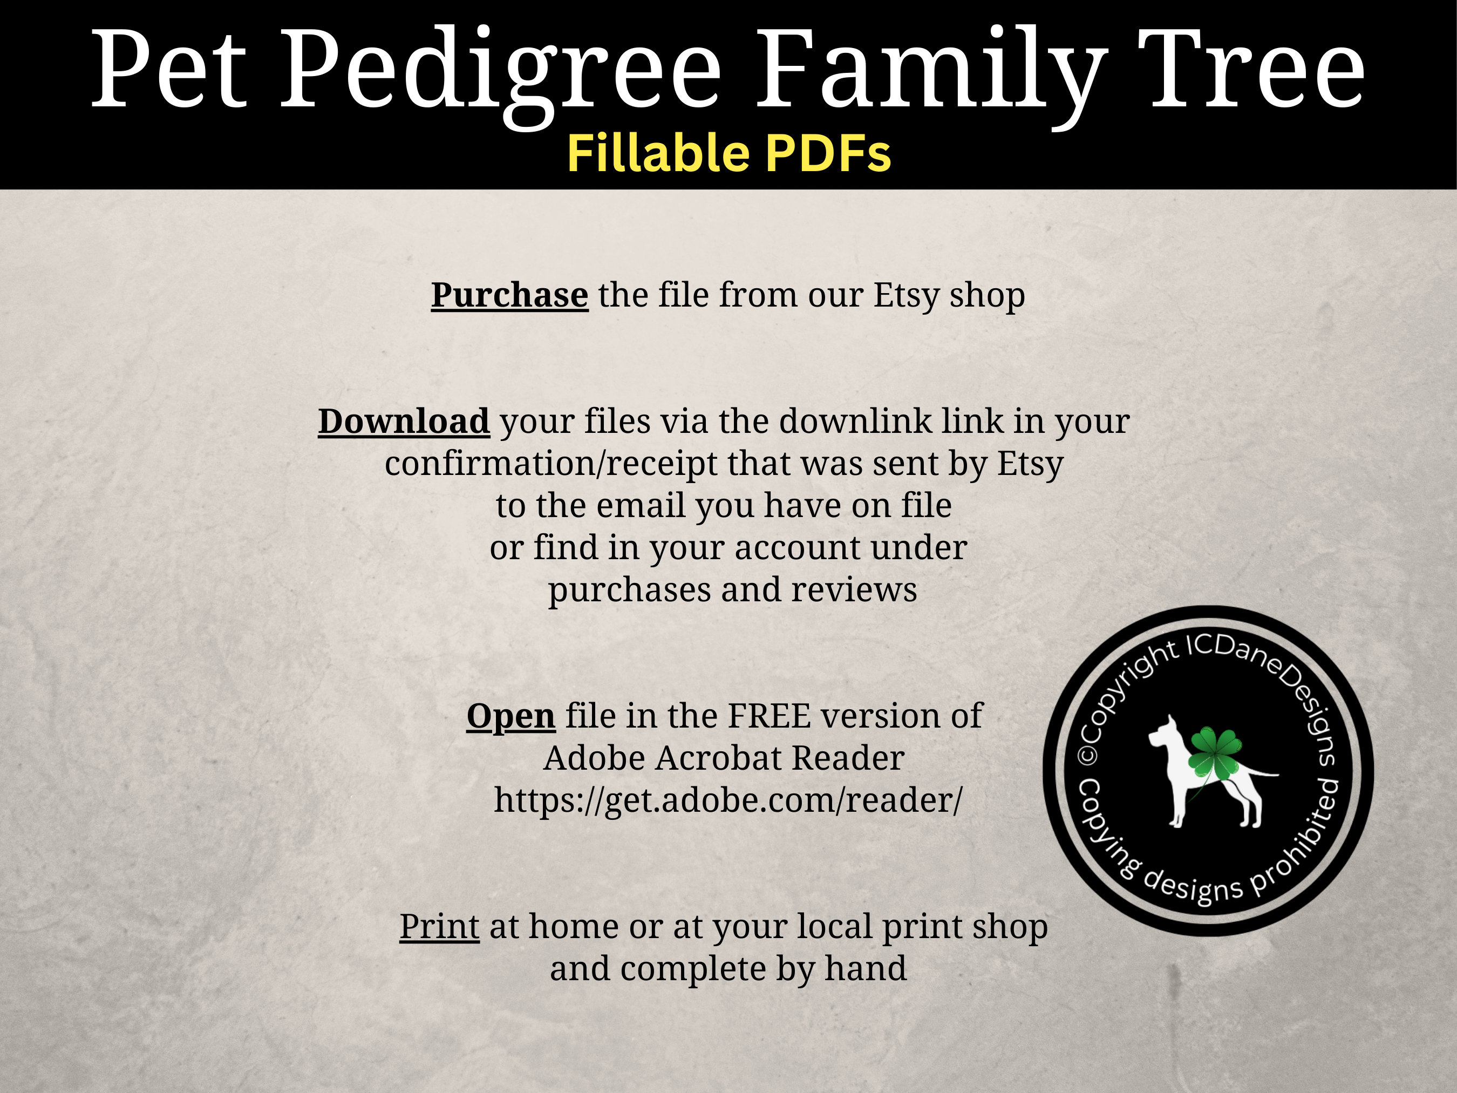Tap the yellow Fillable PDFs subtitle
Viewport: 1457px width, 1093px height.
729,153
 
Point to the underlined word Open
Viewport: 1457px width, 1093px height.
510,716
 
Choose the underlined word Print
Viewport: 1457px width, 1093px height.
439,926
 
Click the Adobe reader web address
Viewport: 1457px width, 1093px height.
728,800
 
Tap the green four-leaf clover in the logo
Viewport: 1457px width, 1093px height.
1214,752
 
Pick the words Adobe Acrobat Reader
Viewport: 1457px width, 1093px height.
723,758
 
